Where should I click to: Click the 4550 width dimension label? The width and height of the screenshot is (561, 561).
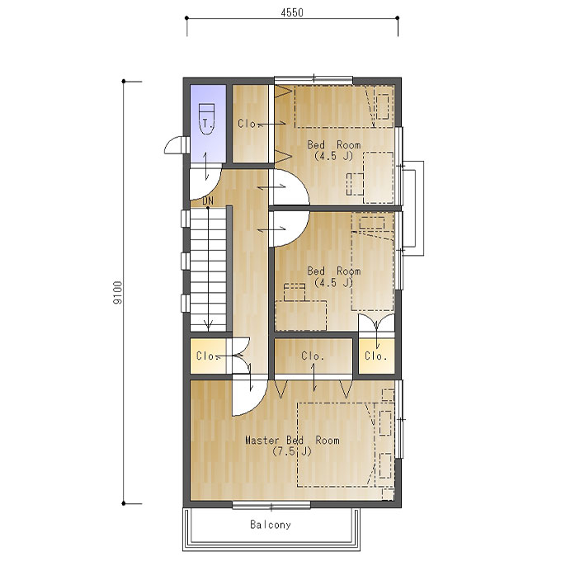click(x=292, y=13)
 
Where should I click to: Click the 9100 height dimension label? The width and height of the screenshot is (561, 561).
click(x=118, y=292)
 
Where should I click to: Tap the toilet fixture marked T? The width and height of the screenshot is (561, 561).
click(x=206, y=119)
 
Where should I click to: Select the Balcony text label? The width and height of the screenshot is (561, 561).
click(x=271, y=525)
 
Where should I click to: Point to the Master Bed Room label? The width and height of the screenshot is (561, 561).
click(x=292, y=440)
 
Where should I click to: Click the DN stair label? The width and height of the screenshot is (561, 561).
click(x=208, y=201)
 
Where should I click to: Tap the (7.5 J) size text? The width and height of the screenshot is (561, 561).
click(x=292, y=451)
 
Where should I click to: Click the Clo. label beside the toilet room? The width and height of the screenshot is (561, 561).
click(x=247, y=124)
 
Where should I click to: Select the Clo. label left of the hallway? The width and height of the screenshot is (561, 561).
click(x=206, y=356)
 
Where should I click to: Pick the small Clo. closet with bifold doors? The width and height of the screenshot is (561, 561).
click(x=376, y=356)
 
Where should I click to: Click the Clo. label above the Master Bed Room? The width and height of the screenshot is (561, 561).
click(x=313, y=356)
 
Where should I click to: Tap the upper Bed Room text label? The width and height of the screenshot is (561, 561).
click(x=334, y=145)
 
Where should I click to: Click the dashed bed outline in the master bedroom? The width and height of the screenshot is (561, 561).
click(x=334, y=445)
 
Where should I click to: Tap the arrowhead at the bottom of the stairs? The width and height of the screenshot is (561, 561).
click(x=208, y=326)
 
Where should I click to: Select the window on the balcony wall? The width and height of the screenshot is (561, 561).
click(x=271, y=505)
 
